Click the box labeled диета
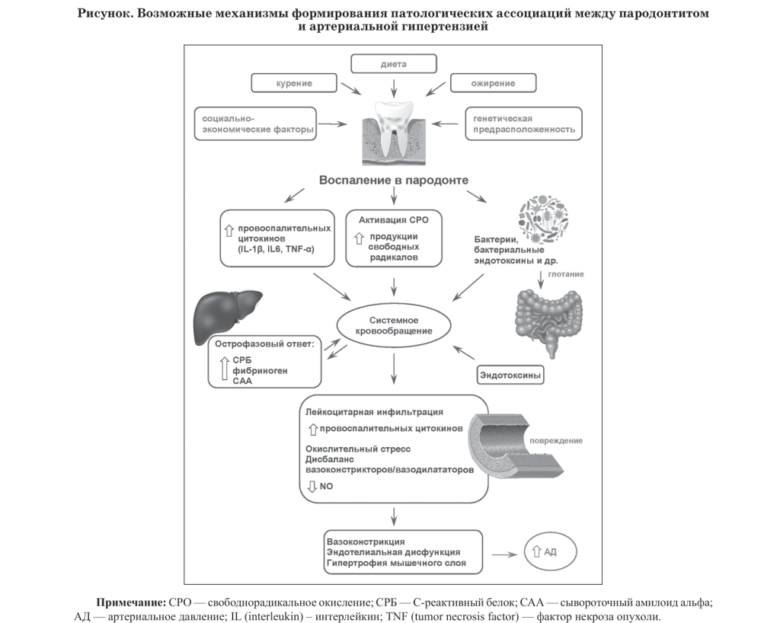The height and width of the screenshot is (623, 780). tap(393, 64)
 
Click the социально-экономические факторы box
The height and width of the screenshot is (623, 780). tap(255, 124)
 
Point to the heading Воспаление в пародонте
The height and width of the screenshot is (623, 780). tap(393, 180)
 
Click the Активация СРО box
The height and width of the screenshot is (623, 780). tap(393, 238)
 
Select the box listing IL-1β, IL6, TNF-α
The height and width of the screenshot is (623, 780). tap(277, 238)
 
